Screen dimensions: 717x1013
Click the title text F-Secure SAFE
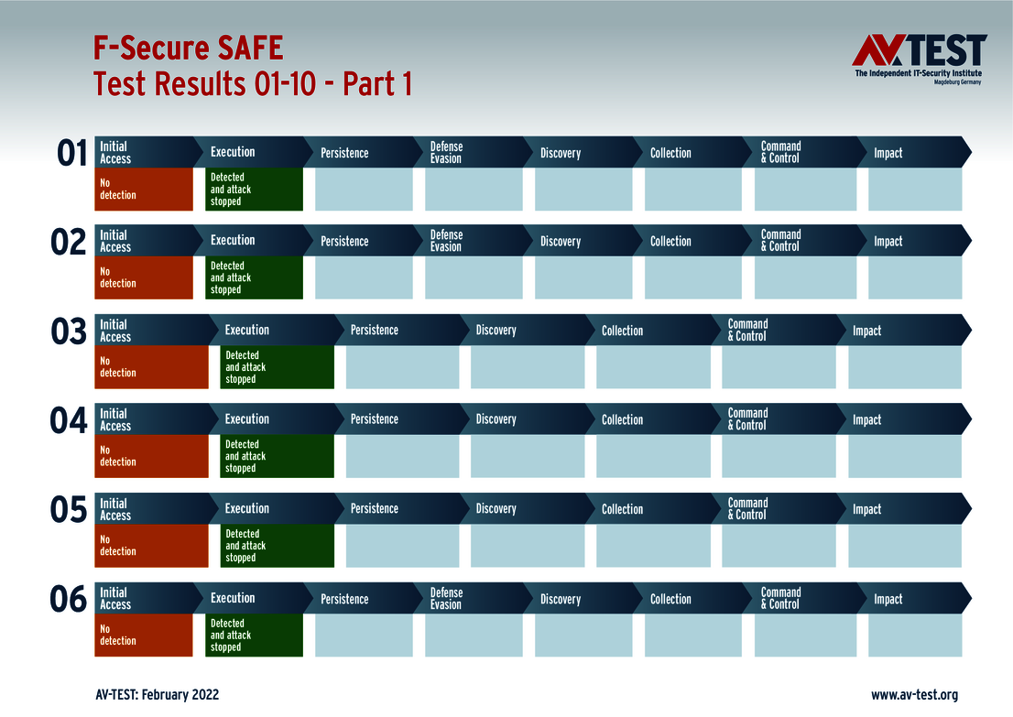tap(189, 48)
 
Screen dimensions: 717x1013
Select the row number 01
tap(71, 153)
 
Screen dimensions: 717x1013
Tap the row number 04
tap(69, 420)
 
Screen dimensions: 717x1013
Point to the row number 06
tap(69, 600)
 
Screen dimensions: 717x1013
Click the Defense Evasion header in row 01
tap(447, 152)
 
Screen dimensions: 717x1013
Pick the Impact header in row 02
tap(888, 242)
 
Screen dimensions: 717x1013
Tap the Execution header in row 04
tap(247, 419)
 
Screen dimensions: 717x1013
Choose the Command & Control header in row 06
tap(780, 599)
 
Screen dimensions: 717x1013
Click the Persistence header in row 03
tap(375, 330)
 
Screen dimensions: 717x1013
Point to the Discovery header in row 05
tap(496, 509)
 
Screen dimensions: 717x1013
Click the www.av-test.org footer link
tap(914, 695)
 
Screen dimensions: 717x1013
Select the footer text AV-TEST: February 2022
tap(158, 695)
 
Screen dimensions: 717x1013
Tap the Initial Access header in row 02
tap(115, 241)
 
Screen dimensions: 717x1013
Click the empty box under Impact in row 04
tap(905, 456)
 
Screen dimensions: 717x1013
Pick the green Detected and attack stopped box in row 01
tap(255, 190)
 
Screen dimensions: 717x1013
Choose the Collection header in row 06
tap(670, 599)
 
